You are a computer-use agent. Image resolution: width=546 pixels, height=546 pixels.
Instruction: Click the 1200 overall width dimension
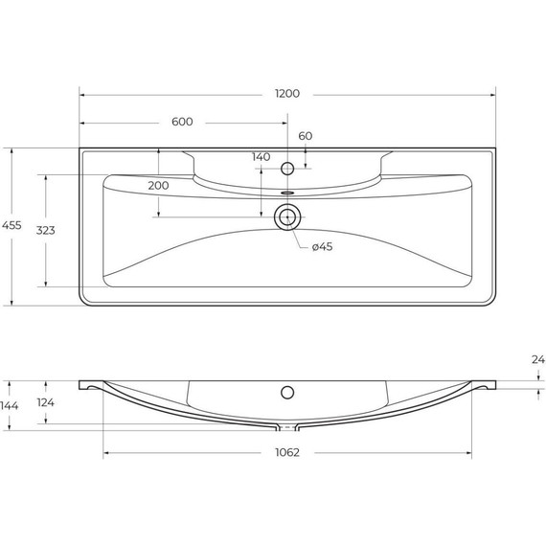tap(286, 94)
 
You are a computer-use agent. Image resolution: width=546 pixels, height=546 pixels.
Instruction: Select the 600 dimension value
tap(183, 122)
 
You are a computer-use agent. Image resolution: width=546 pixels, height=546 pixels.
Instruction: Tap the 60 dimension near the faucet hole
tap(306, 136)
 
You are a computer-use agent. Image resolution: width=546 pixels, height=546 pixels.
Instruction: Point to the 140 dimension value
tap(261, 157)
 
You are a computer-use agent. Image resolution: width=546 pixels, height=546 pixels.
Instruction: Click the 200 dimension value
tap(159, 185)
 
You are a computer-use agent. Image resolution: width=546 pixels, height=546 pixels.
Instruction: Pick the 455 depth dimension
tap(11, 225)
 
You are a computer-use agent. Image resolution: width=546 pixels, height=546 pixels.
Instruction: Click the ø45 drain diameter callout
tap(322, 248)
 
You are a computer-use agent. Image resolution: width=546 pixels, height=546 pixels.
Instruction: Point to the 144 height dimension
tap(11, 406)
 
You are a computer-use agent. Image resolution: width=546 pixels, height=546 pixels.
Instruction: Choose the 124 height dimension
tap(45, 403)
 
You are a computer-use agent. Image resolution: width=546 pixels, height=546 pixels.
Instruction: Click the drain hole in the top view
tap(286, 216)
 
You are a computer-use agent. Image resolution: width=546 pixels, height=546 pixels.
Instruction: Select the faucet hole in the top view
tap(286, 169)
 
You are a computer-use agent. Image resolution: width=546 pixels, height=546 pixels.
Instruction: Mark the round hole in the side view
tap(286, 392)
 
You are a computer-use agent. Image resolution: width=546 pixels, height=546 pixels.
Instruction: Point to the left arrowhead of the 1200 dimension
tap(83, 94)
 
